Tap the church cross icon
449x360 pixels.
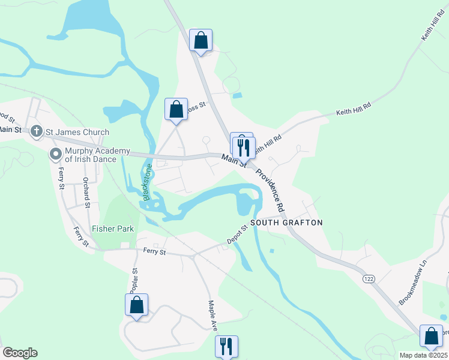pyautogui.click(x=36, y=131)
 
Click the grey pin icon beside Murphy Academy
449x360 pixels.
pyautogui.click(x=56, y=154)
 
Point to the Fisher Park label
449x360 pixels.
pyautogui.click(x=113, y=229)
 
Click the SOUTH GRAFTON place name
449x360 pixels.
pyautogui.click(x=286, y=223)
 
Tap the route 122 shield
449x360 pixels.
pyautogui.click(x=369, y=279)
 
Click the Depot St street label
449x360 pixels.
pyautogui.click(x=237, y=235)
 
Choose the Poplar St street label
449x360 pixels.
pyautogui.click(x=134, y=279)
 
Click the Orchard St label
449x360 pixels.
pyautogui.click(x=86, y=193)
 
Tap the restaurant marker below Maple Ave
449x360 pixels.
pyautogui.click(x=227, y=346)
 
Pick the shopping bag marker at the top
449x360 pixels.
pyautogui.click(x=201, y=41)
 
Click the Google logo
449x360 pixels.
pyautogui.click(x=20, y=353)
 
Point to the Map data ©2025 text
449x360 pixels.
pyautogui.click(x=423, y=355)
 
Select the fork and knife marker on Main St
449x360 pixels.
pyautogui.click(x=244, y=147)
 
